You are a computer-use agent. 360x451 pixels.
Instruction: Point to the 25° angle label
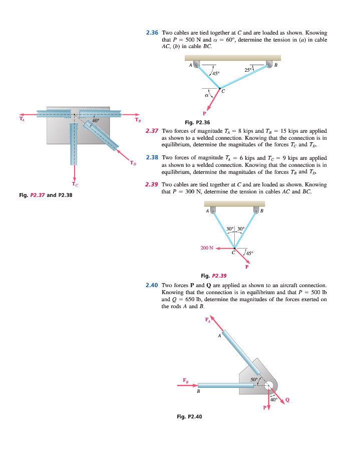tap(249, 70)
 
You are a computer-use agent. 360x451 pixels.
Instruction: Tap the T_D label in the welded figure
tap(133, 163)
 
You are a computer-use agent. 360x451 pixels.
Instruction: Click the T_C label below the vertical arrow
tap(74, 185)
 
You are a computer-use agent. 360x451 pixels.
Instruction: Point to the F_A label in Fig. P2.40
tap(208, 319)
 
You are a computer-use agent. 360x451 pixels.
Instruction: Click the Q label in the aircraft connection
tap(287, 399)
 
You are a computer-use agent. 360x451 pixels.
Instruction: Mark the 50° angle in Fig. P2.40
tap(254, 380)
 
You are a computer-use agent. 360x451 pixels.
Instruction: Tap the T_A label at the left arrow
tap(21, 119)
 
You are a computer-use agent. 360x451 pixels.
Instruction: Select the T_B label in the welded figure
tap(138, 119)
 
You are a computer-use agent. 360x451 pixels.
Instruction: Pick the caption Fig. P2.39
tap(214, 275)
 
